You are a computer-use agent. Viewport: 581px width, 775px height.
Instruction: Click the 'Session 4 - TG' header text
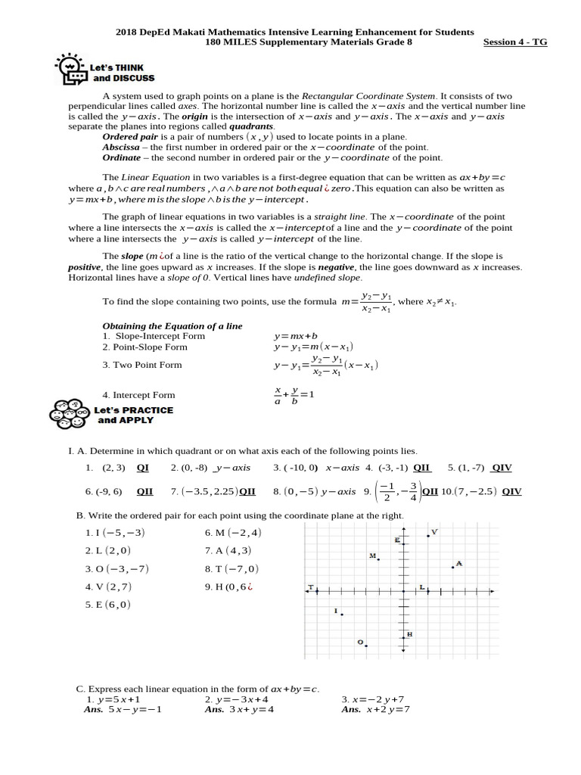pos(514,42)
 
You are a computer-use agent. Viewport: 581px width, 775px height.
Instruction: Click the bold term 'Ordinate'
pos(121,157)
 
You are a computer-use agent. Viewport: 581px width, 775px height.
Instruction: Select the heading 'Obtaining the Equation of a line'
pos(172,325)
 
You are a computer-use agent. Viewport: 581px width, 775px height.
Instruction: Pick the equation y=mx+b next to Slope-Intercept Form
pos(296,335)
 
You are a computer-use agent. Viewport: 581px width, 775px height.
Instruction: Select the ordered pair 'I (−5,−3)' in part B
pos(114,532)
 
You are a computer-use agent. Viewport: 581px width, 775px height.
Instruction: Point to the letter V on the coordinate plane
pos(434,533)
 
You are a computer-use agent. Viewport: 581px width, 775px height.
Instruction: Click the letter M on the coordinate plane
pos(372,556)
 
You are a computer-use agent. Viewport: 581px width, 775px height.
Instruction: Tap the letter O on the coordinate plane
pos(360,642)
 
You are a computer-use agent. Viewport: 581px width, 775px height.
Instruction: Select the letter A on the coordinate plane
pos(458,563)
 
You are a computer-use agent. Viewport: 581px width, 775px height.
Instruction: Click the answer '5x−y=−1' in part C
pos(135,709)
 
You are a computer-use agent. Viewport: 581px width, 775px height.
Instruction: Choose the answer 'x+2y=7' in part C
pos(388,709)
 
